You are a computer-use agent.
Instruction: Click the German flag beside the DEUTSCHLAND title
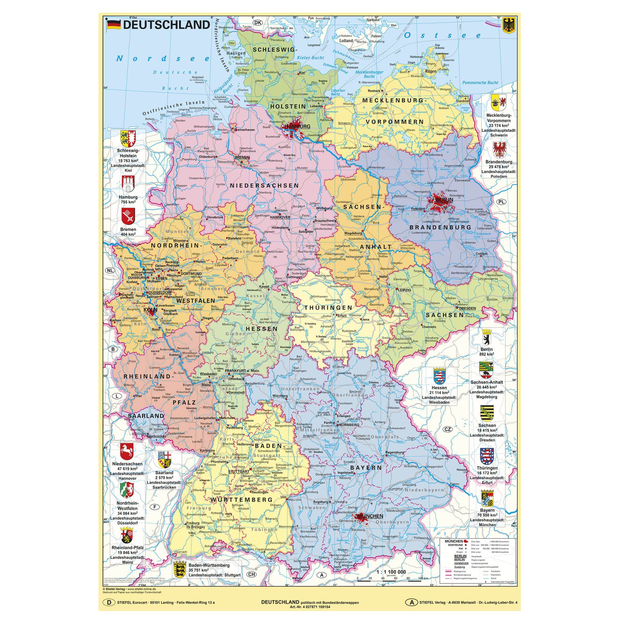click(x=113, y=25)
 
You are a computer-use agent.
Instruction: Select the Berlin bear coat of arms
click(x=486, y=338)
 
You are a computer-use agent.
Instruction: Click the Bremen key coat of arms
click(x=128, y=216)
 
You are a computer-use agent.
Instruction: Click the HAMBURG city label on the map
click(x=297, y=127)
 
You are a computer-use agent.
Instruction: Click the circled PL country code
click(x=501, y=202)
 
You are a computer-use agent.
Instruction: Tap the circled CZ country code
click(x=447, y=429)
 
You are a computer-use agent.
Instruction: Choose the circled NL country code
click(x=110, y=270)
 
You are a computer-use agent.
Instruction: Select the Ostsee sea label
click(x=442, y=35)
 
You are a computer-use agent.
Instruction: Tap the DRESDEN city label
click(x=467, y=308)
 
